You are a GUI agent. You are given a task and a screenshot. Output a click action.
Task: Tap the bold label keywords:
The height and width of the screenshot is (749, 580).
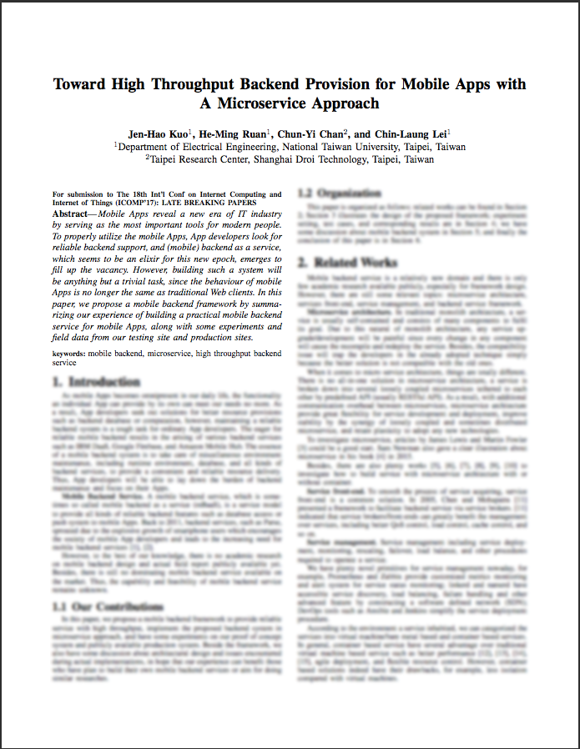[x=69, y=354]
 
